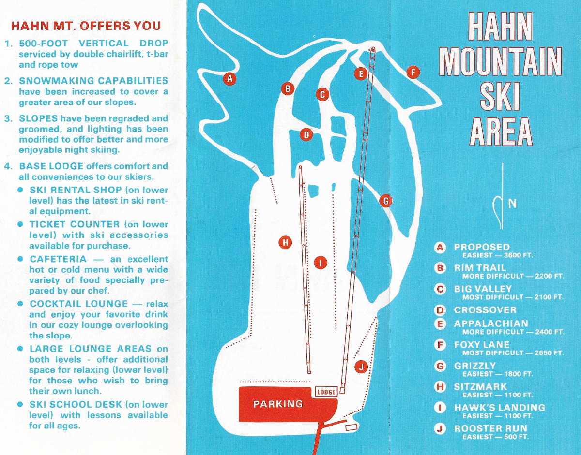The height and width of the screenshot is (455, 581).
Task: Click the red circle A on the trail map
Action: (x=229, y=78)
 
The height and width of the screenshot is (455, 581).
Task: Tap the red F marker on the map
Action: (x=413, y=72)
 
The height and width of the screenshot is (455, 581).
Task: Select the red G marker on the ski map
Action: (x=386, y=201)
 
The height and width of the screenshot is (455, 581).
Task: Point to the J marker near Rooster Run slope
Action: (x=361, y=367)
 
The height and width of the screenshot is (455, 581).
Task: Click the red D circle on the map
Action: (x=306, y=135)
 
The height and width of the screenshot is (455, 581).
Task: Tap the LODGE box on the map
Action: (x=326, y=392)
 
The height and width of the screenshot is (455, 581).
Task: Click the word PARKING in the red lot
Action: (x=278, y=404)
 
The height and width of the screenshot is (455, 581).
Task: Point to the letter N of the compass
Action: (x=512, y=204)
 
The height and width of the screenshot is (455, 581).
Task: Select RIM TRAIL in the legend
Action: (x=480, y=268)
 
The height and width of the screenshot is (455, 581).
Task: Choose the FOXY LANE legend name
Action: (x=482, y=345)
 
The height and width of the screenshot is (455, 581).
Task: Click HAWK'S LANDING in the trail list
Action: (x=500, y=408)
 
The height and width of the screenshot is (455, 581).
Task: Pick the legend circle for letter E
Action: (x=440, y=323)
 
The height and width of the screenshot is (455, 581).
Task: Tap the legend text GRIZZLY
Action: (x=475, y=366)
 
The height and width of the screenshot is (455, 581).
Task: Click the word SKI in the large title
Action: (x=500, y=97)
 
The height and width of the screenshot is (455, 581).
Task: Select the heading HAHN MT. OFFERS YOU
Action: (x=86, y=26)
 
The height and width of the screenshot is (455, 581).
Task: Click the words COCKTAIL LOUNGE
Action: (x=78, y=304)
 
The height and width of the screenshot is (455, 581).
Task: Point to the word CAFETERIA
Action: (x=58, y=259)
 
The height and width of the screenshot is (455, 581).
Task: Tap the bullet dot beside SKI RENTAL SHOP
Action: (x=20, y=190)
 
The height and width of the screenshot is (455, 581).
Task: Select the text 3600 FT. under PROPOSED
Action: (x=518, y=255)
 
